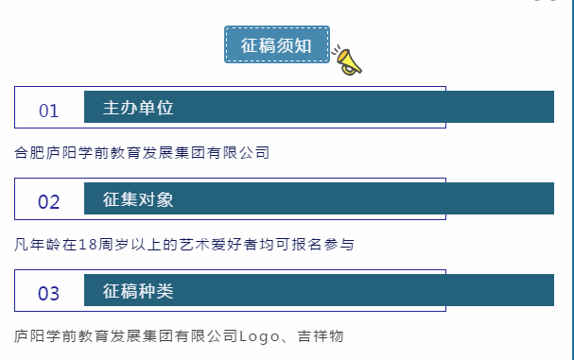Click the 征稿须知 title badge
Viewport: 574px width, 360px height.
(276, 44)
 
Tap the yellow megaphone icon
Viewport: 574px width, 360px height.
(347, 60)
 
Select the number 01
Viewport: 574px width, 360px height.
(48, 111)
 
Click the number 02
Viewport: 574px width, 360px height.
(48, 202)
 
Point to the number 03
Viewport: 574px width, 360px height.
(48, 293)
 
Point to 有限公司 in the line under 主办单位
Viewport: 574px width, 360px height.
(239, 152)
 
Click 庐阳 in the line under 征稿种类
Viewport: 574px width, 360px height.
(29, 335)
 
